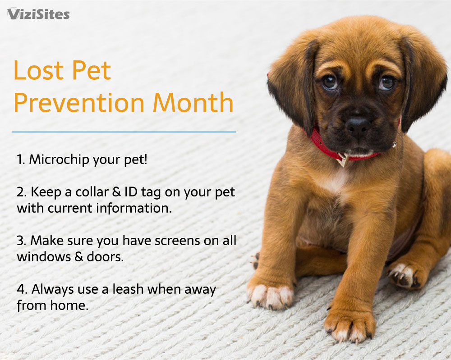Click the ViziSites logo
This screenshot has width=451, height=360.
(x=38, y=14)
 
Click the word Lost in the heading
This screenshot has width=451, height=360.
(x=38, y=70)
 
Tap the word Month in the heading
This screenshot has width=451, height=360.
(x=193, y=103)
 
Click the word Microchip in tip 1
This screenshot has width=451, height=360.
(x=59, y=159)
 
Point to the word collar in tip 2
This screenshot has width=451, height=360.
(x=92, y=192)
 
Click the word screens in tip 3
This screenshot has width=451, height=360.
(x=177, y=241)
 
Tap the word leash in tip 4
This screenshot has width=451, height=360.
(x=128, y=289)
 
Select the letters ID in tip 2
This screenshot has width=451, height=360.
(x=131, y=192)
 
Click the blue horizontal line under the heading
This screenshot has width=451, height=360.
(x=124, y=132)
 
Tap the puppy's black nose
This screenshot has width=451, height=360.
(x=358, y=125)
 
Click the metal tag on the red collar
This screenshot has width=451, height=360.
(x=343, y=160)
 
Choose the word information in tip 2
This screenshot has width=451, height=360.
(x=133, y=208)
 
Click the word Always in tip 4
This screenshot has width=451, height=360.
(x=53, y=289)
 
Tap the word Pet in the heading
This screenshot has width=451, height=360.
(x=91, y=70)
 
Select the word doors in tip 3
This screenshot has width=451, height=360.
(x=105, y=256)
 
